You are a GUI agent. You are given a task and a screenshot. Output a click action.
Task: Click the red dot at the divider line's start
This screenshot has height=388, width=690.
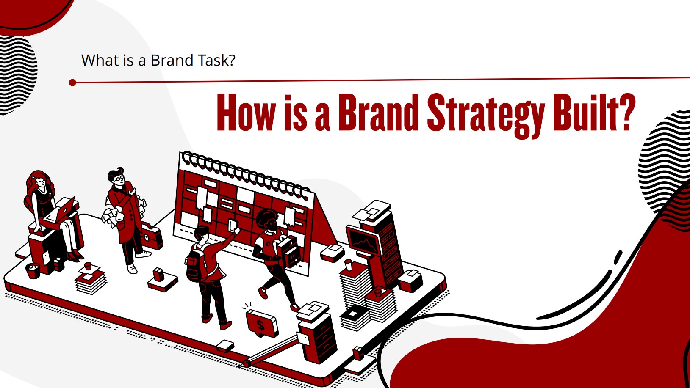72,83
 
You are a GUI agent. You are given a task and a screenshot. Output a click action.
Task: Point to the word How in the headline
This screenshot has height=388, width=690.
245,113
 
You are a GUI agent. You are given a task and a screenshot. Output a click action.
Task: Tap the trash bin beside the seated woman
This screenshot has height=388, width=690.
33,271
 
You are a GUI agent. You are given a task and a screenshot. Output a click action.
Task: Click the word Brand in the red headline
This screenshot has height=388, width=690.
378,113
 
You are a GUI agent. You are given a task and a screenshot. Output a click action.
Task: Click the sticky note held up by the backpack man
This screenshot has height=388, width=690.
233,225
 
